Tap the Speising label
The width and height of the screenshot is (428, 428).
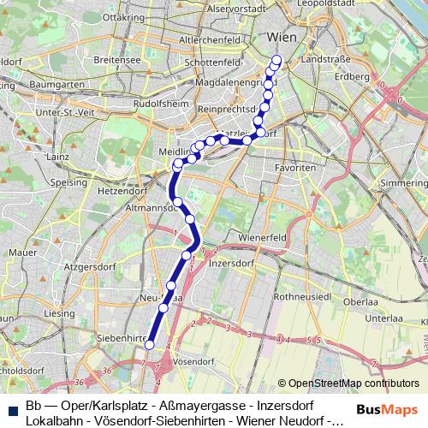pyautogui.click(x=68, y=182)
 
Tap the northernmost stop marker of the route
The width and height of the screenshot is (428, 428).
pyautogui.click(x=276, y=60)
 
